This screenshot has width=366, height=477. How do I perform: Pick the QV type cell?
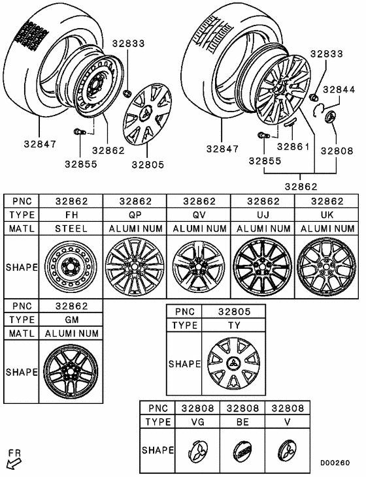(199, 215)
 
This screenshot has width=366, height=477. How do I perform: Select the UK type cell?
(327, 215)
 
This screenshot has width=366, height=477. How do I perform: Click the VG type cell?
(199, 422)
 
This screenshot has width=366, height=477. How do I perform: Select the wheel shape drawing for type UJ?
(263, 268)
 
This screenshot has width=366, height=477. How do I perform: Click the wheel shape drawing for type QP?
(135, 268)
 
